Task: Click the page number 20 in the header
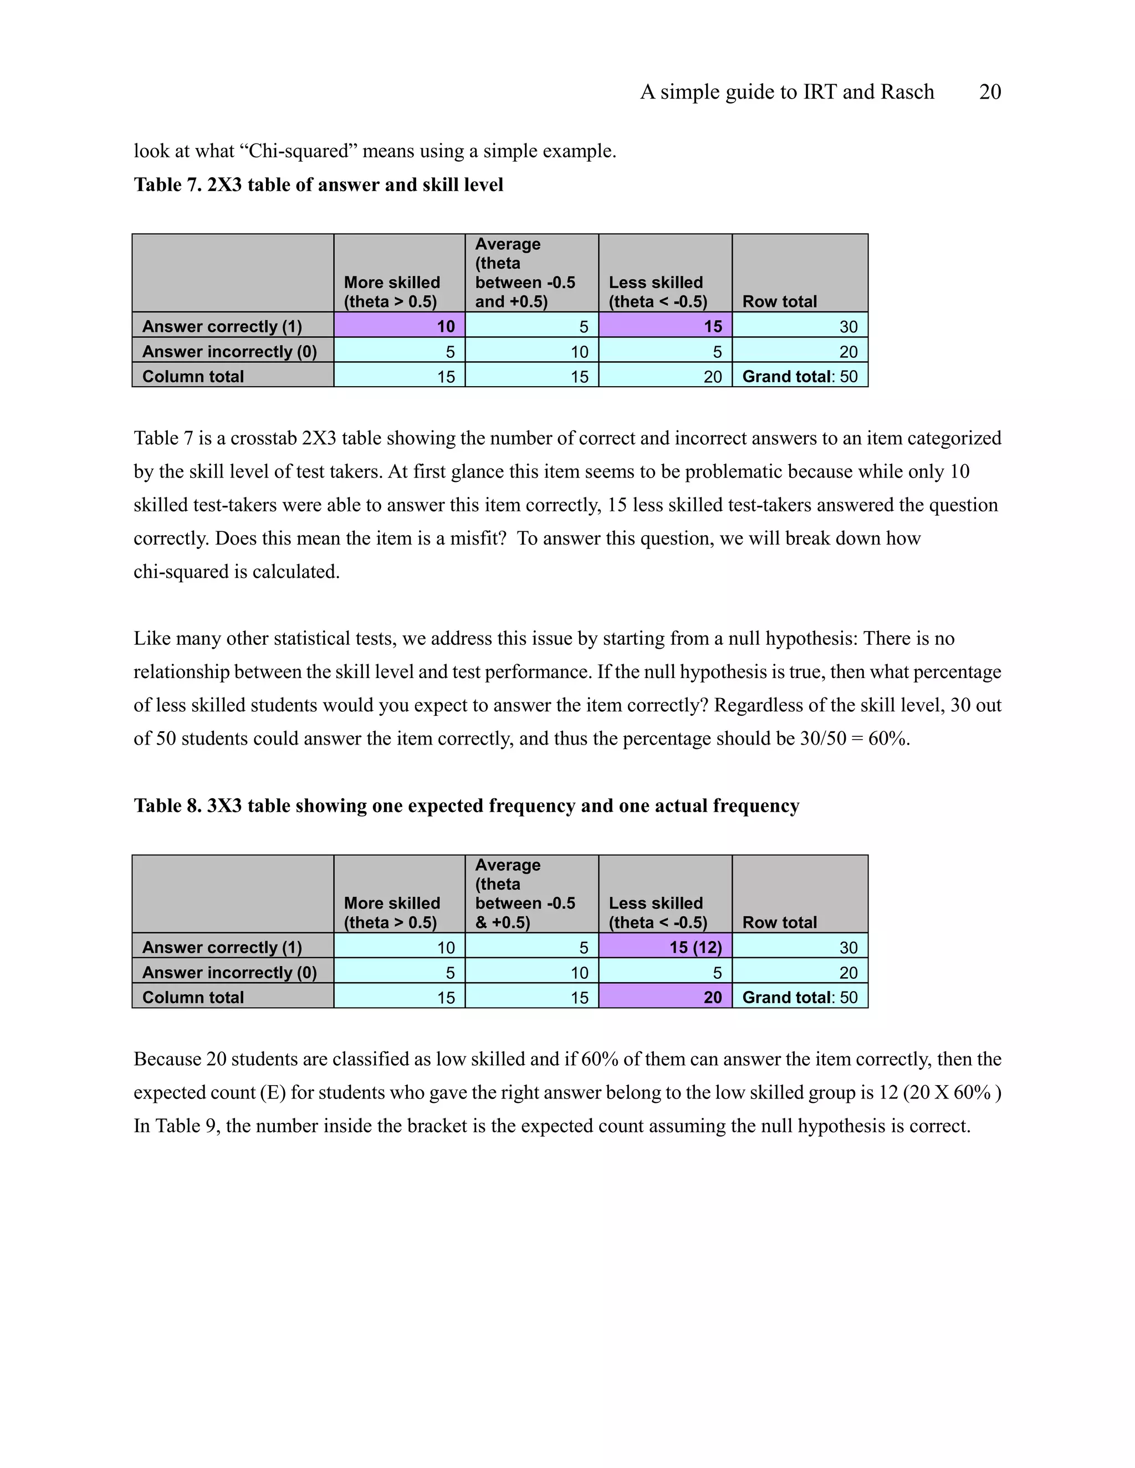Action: pyautogui.click(x=990, y=92)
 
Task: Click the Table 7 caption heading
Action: pyautogui.click(x=318, y=185)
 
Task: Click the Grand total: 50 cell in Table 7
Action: pyautogui.click(x=800, y=376)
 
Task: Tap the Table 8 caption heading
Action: pyautogui.click(x=466, y=806)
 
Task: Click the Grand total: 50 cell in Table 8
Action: pyautogui.click(x=800, y=998)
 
